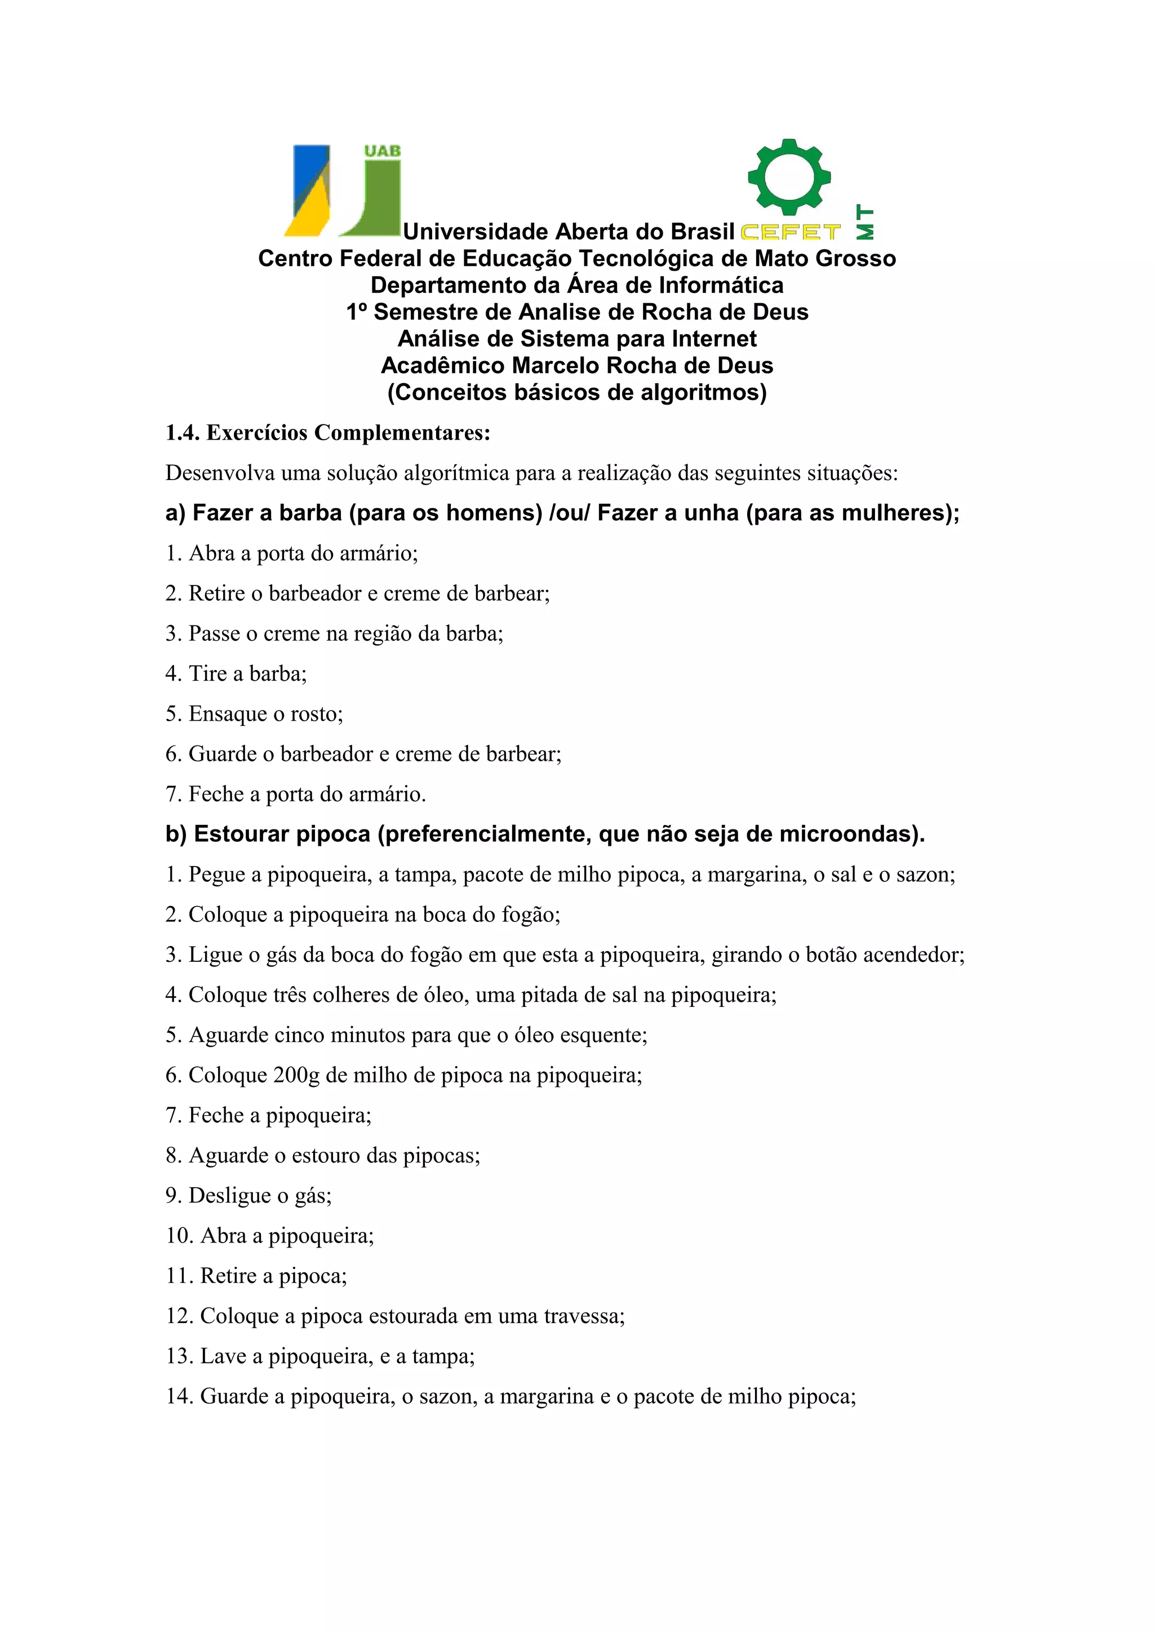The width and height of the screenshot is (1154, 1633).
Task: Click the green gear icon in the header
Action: coord(788,176)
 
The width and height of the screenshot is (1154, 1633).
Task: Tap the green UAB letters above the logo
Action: coord(382,151)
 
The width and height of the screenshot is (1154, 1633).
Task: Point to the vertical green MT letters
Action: coord(864,222)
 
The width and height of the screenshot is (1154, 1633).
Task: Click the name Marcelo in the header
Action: coord(554,366)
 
